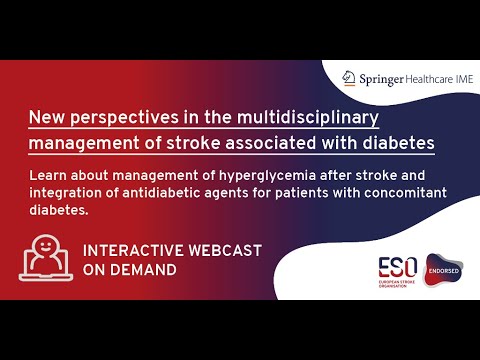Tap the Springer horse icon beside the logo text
point(348,77)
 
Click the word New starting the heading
point(46,117)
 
